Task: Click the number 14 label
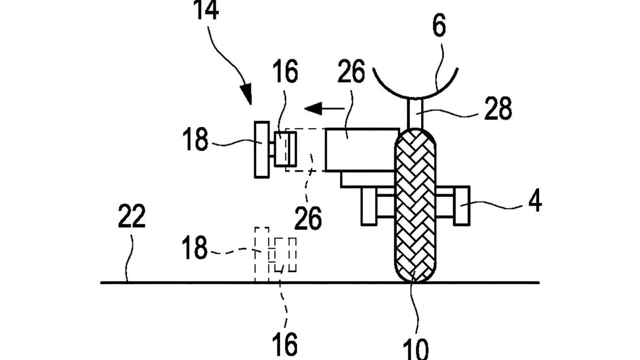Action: (207, 11)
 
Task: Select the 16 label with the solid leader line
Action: (286, 72)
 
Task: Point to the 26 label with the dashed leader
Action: (308, 218)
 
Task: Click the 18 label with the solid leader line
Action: (195, 140)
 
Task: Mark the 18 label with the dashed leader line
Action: (195, 248)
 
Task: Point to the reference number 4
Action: (535, 201)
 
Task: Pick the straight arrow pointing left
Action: (324, 108)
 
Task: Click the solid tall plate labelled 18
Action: (262, 149)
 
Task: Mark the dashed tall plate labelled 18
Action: (262, 254)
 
